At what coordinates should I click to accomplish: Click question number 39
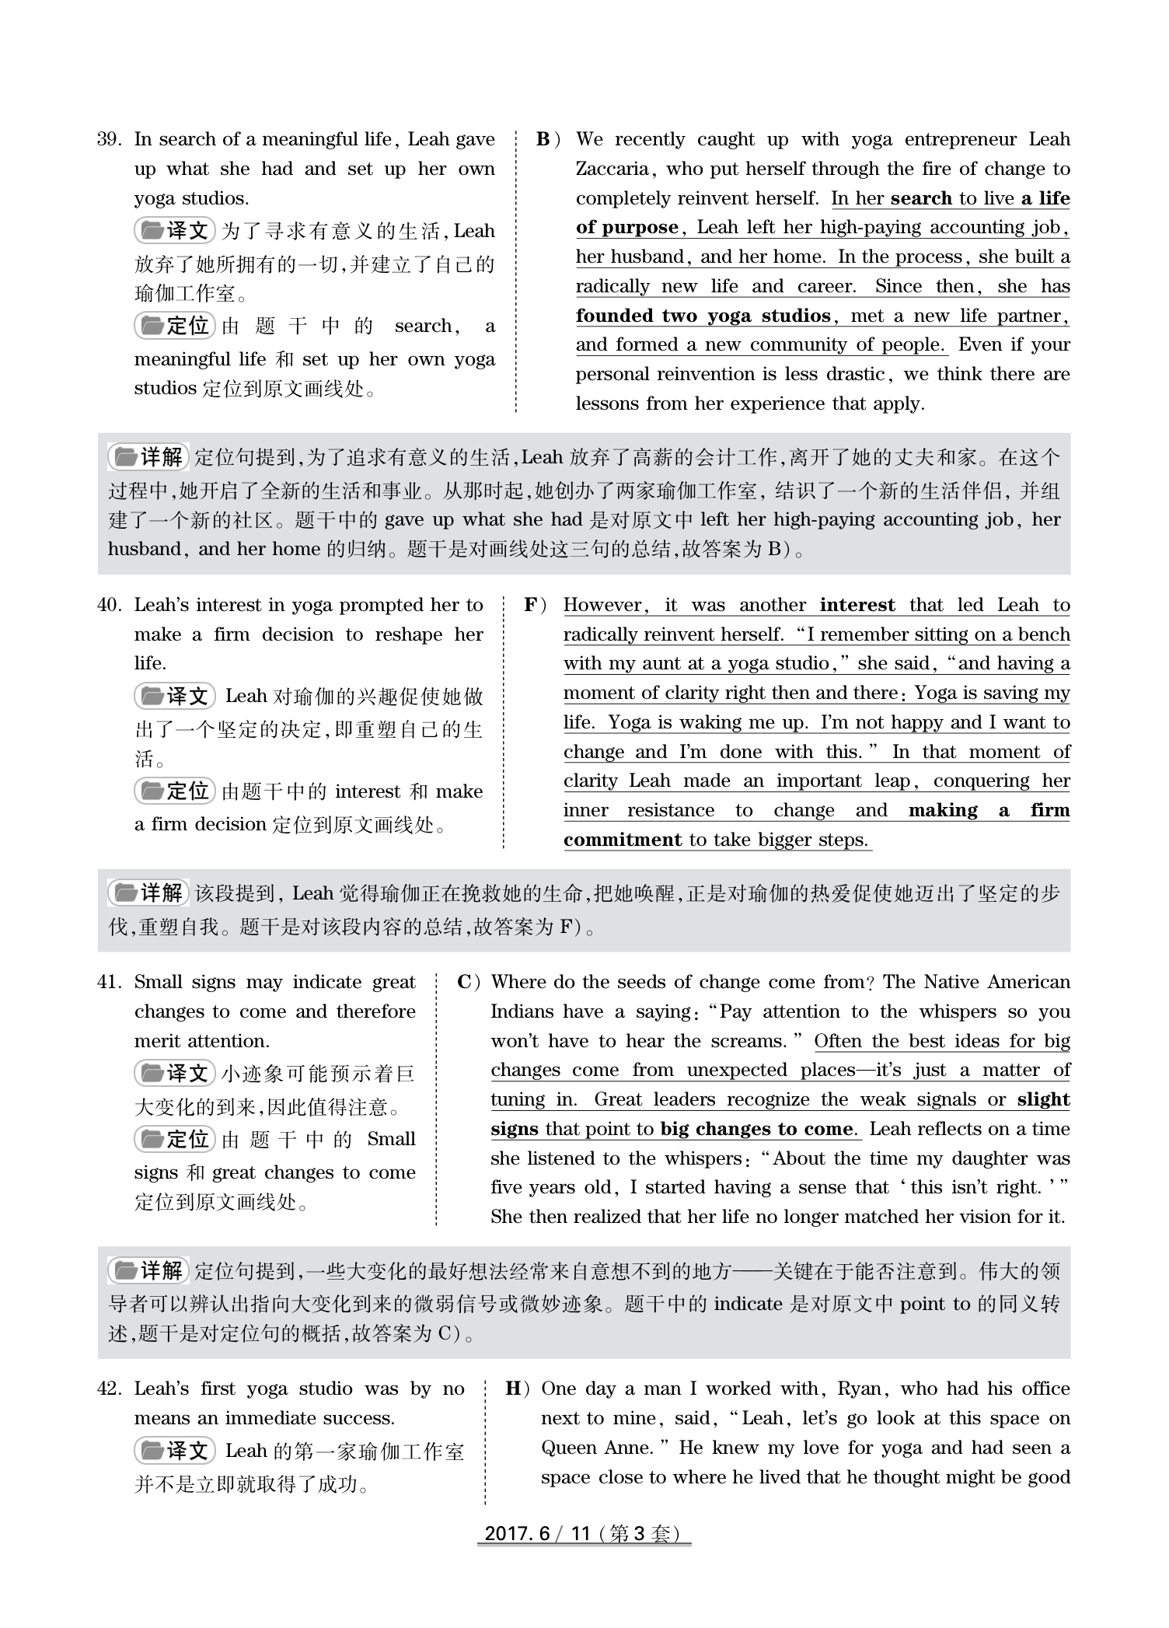(x=109, y=140)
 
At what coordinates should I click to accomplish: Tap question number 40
(x=109, y=606)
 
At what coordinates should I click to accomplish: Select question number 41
(x=109, y=983)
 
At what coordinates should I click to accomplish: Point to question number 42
(x=109, y=1389)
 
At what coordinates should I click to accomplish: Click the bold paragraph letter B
(x=543, y=140)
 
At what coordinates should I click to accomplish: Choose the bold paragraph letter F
(x=532, y=606)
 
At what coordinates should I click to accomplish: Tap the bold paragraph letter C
(x=465, y=983)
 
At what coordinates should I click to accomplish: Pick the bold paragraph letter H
(x=513, y=1389)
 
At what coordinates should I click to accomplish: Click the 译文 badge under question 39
(x=175, y=231)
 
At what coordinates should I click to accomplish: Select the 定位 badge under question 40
(x=175, y=791)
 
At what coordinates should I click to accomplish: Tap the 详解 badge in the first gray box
(x=148, y=457)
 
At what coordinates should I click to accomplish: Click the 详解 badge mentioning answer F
(x=148, y=893)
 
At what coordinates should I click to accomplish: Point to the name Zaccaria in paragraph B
(x=612, y=169)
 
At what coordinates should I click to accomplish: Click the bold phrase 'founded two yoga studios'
(x=703, y=316)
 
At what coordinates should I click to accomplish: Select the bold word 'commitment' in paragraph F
(x=623, y=840)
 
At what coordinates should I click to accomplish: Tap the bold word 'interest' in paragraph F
(x=857, y=606)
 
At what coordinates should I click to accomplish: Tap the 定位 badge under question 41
(x=175, y=1140)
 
